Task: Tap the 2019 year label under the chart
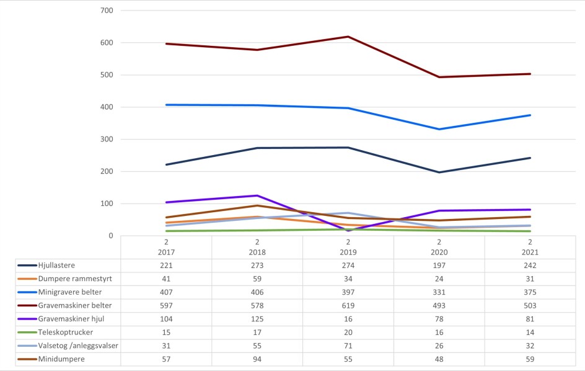tap(348, 253)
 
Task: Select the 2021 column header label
tap(530, 253)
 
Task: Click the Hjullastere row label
tap(56, 266)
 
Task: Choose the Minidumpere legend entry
tap(60, 359)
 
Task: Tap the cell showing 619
tap(348, 306)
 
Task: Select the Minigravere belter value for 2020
tap(439, 292)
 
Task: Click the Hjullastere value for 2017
tap(166, 266)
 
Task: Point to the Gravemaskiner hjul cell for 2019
tap(348, 319)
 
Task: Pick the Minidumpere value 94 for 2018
tap(257, 359)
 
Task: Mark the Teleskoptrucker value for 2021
tap(530, 333)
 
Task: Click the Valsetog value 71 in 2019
tap(348, 346)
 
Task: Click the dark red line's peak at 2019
tap(348, 37)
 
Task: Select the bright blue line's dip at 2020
tap(439, 129)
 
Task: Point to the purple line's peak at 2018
tap(257, 195)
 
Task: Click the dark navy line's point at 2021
tap(530, 158)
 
